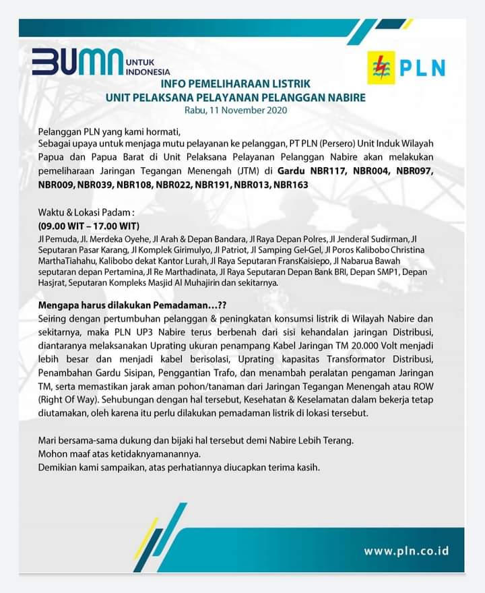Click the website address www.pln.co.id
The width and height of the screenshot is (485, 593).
pyautogui.click(x=406, y=551)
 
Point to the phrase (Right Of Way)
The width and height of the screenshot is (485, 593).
pyautogui.click(x=70, y=400)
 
